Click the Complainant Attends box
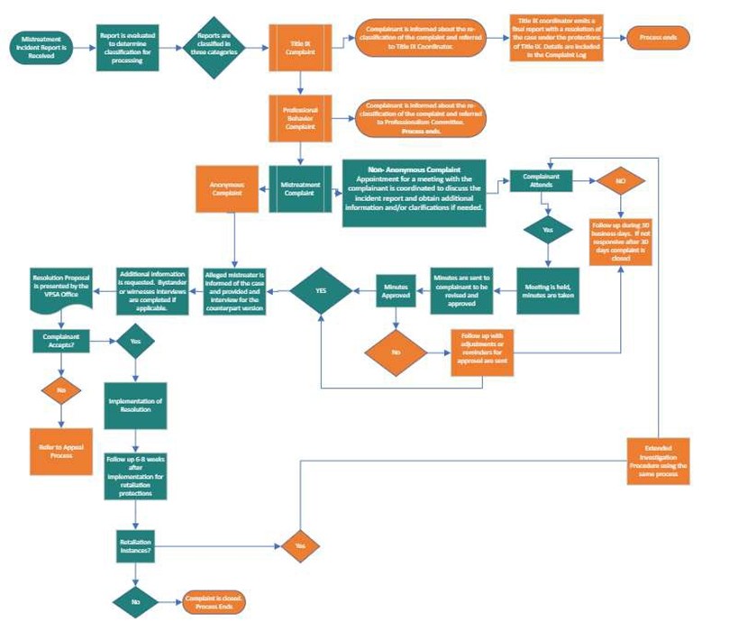(x=542, y=179)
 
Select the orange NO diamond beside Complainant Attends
(x=621, y=179)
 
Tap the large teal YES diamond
(x=321, y=290)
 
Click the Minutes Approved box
(x=397, y=290)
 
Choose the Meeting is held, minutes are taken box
(x=548, y=290)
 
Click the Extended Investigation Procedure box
(x=660, y=460)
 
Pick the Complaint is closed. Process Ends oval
(x=214, y=601)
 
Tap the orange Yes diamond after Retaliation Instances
(x=301, y=546)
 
